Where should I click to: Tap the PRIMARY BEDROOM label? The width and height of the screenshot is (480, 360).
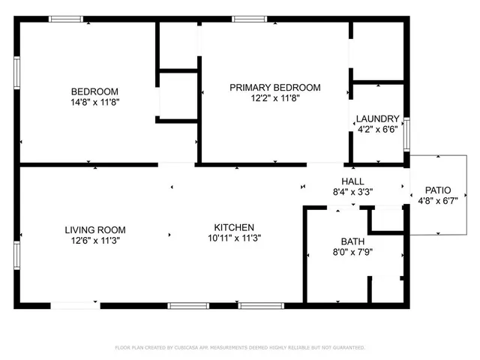[274, 88]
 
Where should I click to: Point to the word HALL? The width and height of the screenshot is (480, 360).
[352, 181]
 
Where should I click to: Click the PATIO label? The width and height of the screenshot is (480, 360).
[438, 190]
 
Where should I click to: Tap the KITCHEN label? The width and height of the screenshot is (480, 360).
[234, 228]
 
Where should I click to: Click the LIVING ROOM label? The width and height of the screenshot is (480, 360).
[94, 230]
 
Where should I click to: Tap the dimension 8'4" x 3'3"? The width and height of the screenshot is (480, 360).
[352, 192]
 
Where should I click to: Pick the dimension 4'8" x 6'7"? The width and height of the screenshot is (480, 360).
[438, 200]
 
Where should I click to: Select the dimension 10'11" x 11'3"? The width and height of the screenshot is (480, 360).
[234, 238]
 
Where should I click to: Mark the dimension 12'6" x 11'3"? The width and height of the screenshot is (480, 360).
[94, 241]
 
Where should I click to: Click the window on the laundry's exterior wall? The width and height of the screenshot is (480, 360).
[406, 133]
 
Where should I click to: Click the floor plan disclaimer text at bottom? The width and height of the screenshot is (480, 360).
[239, 347]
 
